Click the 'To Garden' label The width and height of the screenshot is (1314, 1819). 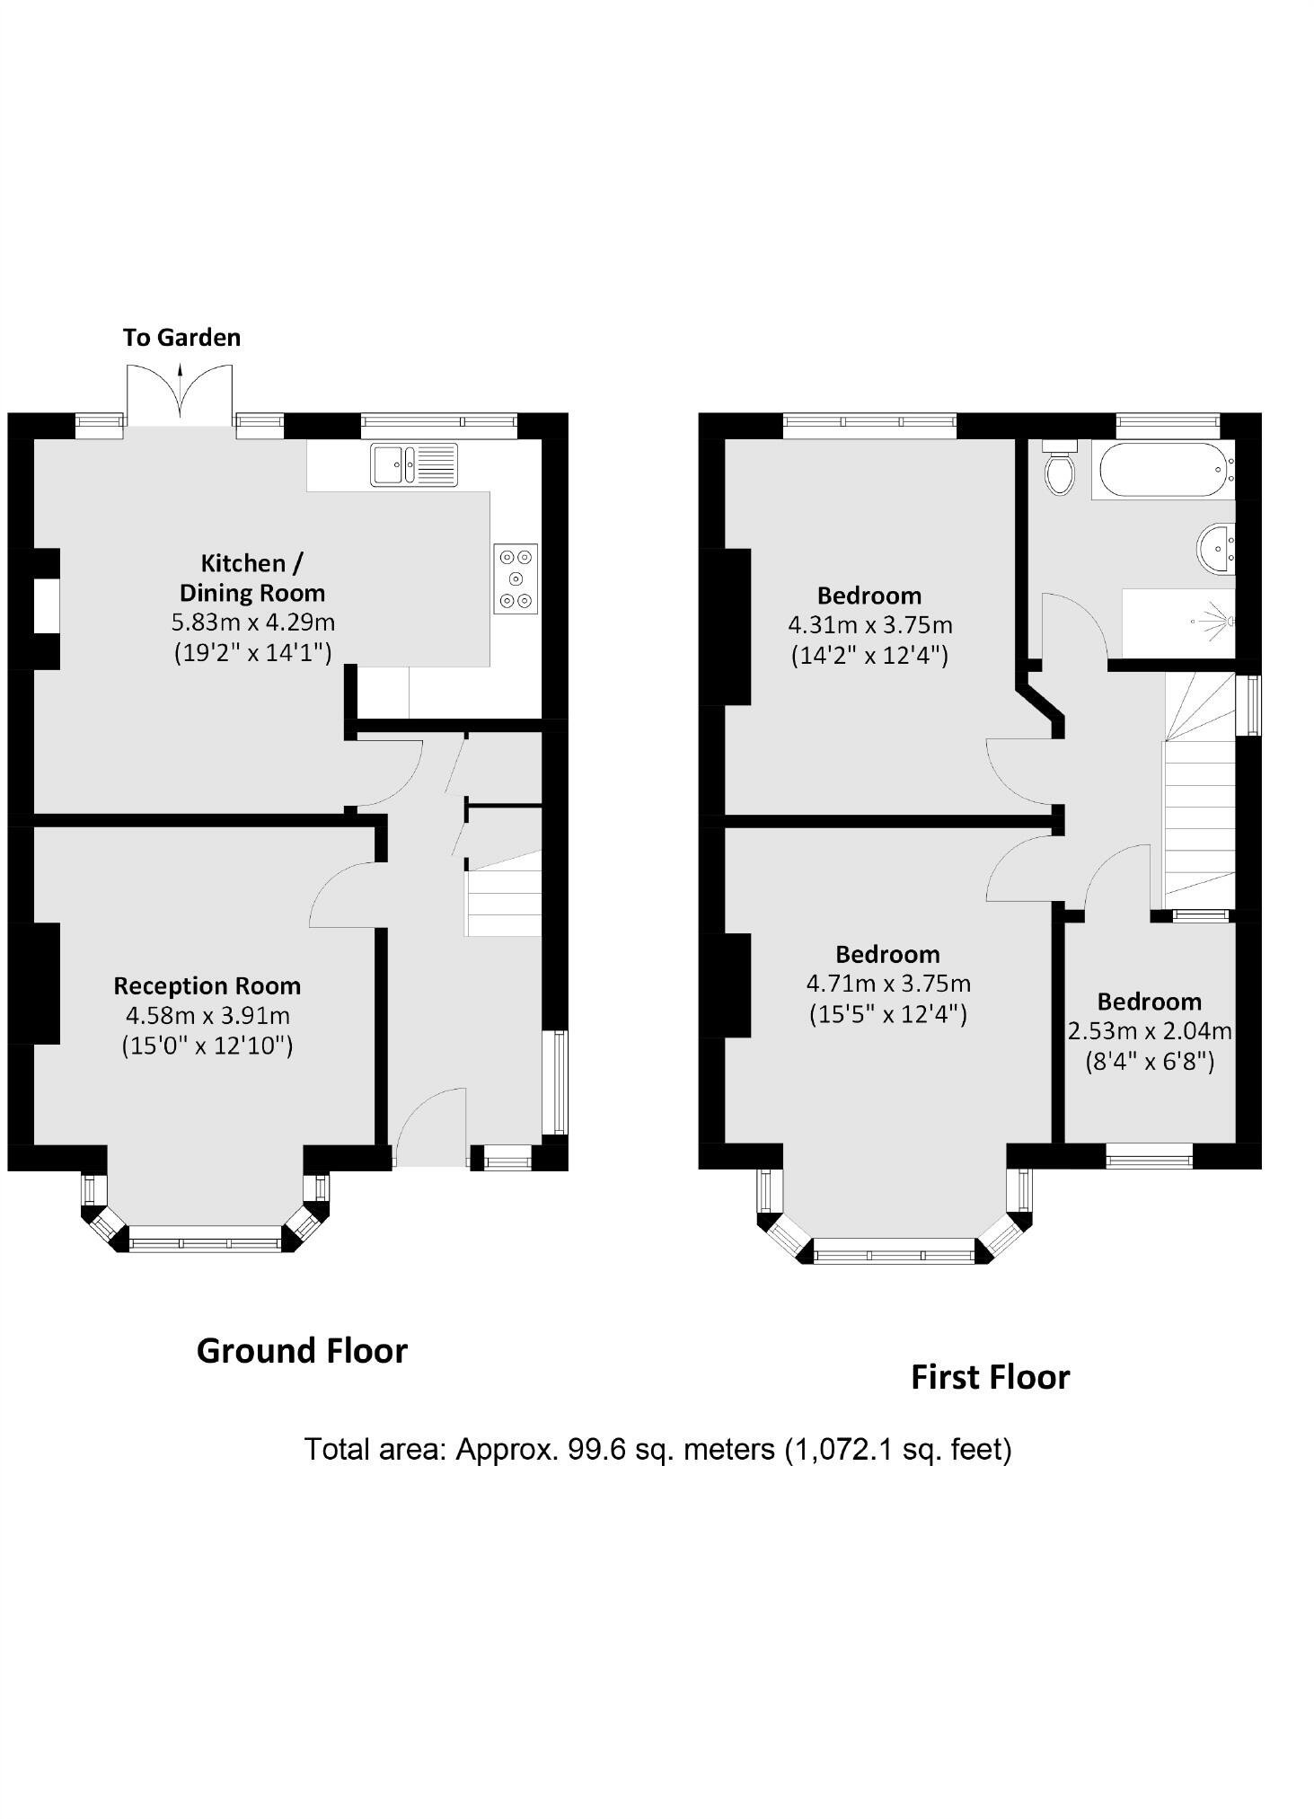click(x=181, y=338)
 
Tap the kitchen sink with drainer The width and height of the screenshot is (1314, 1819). click(x=414, y=465)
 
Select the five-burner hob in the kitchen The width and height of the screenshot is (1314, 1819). click(x=516, y=579)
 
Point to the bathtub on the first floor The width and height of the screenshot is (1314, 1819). click(x=1163, y=470)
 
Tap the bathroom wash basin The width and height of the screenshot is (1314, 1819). click(x=1217, y=547)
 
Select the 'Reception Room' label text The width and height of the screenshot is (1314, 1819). click(x=207, y=986)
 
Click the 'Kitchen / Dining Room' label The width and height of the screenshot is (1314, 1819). click(x=252, y=578)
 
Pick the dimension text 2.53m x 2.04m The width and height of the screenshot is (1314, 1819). click(x=1150, y=1031)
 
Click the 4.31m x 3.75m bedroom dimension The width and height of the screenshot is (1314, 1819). click(x=869, y=625)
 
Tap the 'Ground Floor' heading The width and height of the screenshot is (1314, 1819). click(x=302, y=1351)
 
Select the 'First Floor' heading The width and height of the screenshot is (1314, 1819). click(x=991, y=1377)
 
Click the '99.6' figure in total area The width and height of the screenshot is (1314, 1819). click(x=595, y=1449)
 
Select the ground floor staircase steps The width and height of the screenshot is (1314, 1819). click(x=503, y=893)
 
